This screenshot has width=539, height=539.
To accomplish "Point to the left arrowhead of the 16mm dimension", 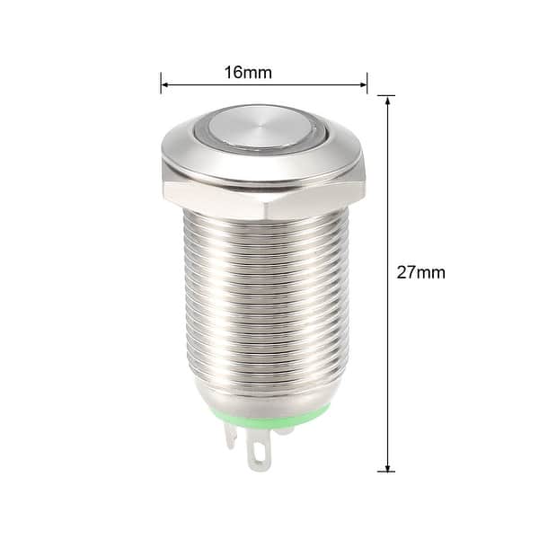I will [165, 87].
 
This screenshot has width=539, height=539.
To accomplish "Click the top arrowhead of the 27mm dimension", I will [387, 100].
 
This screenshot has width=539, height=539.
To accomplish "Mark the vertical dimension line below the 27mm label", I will [387, 377].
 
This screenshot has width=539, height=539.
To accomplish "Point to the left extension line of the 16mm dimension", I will [161, 83].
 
